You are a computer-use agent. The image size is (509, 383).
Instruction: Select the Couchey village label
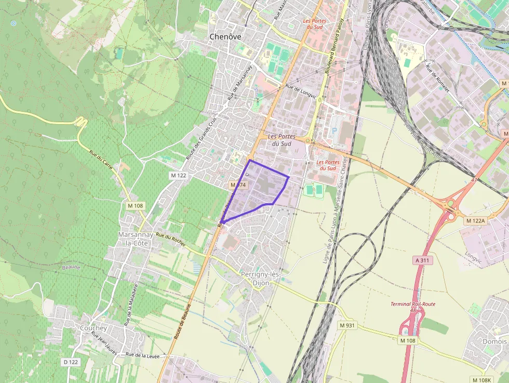pos(93,328)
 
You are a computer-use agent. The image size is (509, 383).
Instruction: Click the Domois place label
pos(494,341)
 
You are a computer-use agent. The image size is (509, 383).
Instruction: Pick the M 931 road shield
pos(347,325)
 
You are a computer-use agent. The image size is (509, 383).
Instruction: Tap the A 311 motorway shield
pos(423,259)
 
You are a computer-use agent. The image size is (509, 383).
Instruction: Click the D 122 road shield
pos(71,362)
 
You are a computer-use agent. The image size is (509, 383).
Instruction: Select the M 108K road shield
pos(481,380)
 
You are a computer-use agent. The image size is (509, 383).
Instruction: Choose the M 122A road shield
pos(475,221)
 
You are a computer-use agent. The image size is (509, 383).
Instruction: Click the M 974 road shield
pos(238,185)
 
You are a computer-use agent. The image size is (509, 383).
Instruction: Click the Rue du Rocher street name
pos(171,240)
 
